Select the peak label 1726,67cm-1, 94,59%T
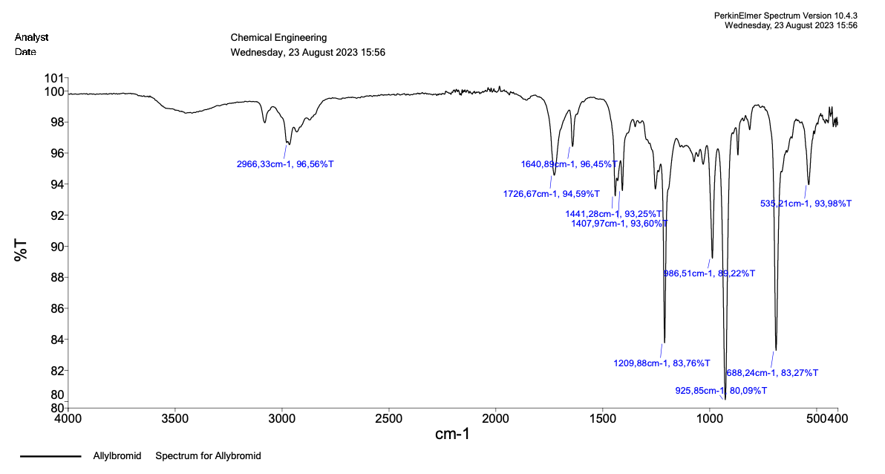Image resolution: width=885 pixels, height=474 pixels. tap(551, 194)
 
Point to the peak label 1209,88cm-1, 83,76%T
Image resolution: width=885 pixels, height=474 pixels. tap(662, 363)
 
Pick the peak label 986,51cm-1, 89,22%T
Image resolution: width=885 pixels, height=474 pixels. tap(708, 273)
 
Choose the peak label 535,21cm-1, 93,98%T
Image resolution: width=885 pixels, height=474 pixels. tap(806, 204)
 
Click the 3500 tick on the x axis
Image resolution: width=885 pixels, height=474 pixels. tap(175, 418)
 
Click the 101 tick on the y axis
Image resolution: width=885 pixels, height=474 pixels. tap(56, 78)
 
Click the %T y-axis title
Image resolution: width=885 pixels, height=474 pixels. tap(21, 250)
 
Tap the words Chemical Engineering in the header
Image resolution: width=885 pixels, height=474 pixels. tap(278, 38)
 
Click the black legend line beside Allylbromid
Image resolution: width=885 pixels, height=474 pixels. tap(50, 456)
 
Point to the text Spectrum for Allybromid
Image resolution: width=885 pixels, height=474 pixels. tap(208, 456)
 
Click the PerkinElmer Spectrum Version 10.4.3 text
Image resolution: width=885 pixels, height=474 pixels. tap(786, 15)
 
